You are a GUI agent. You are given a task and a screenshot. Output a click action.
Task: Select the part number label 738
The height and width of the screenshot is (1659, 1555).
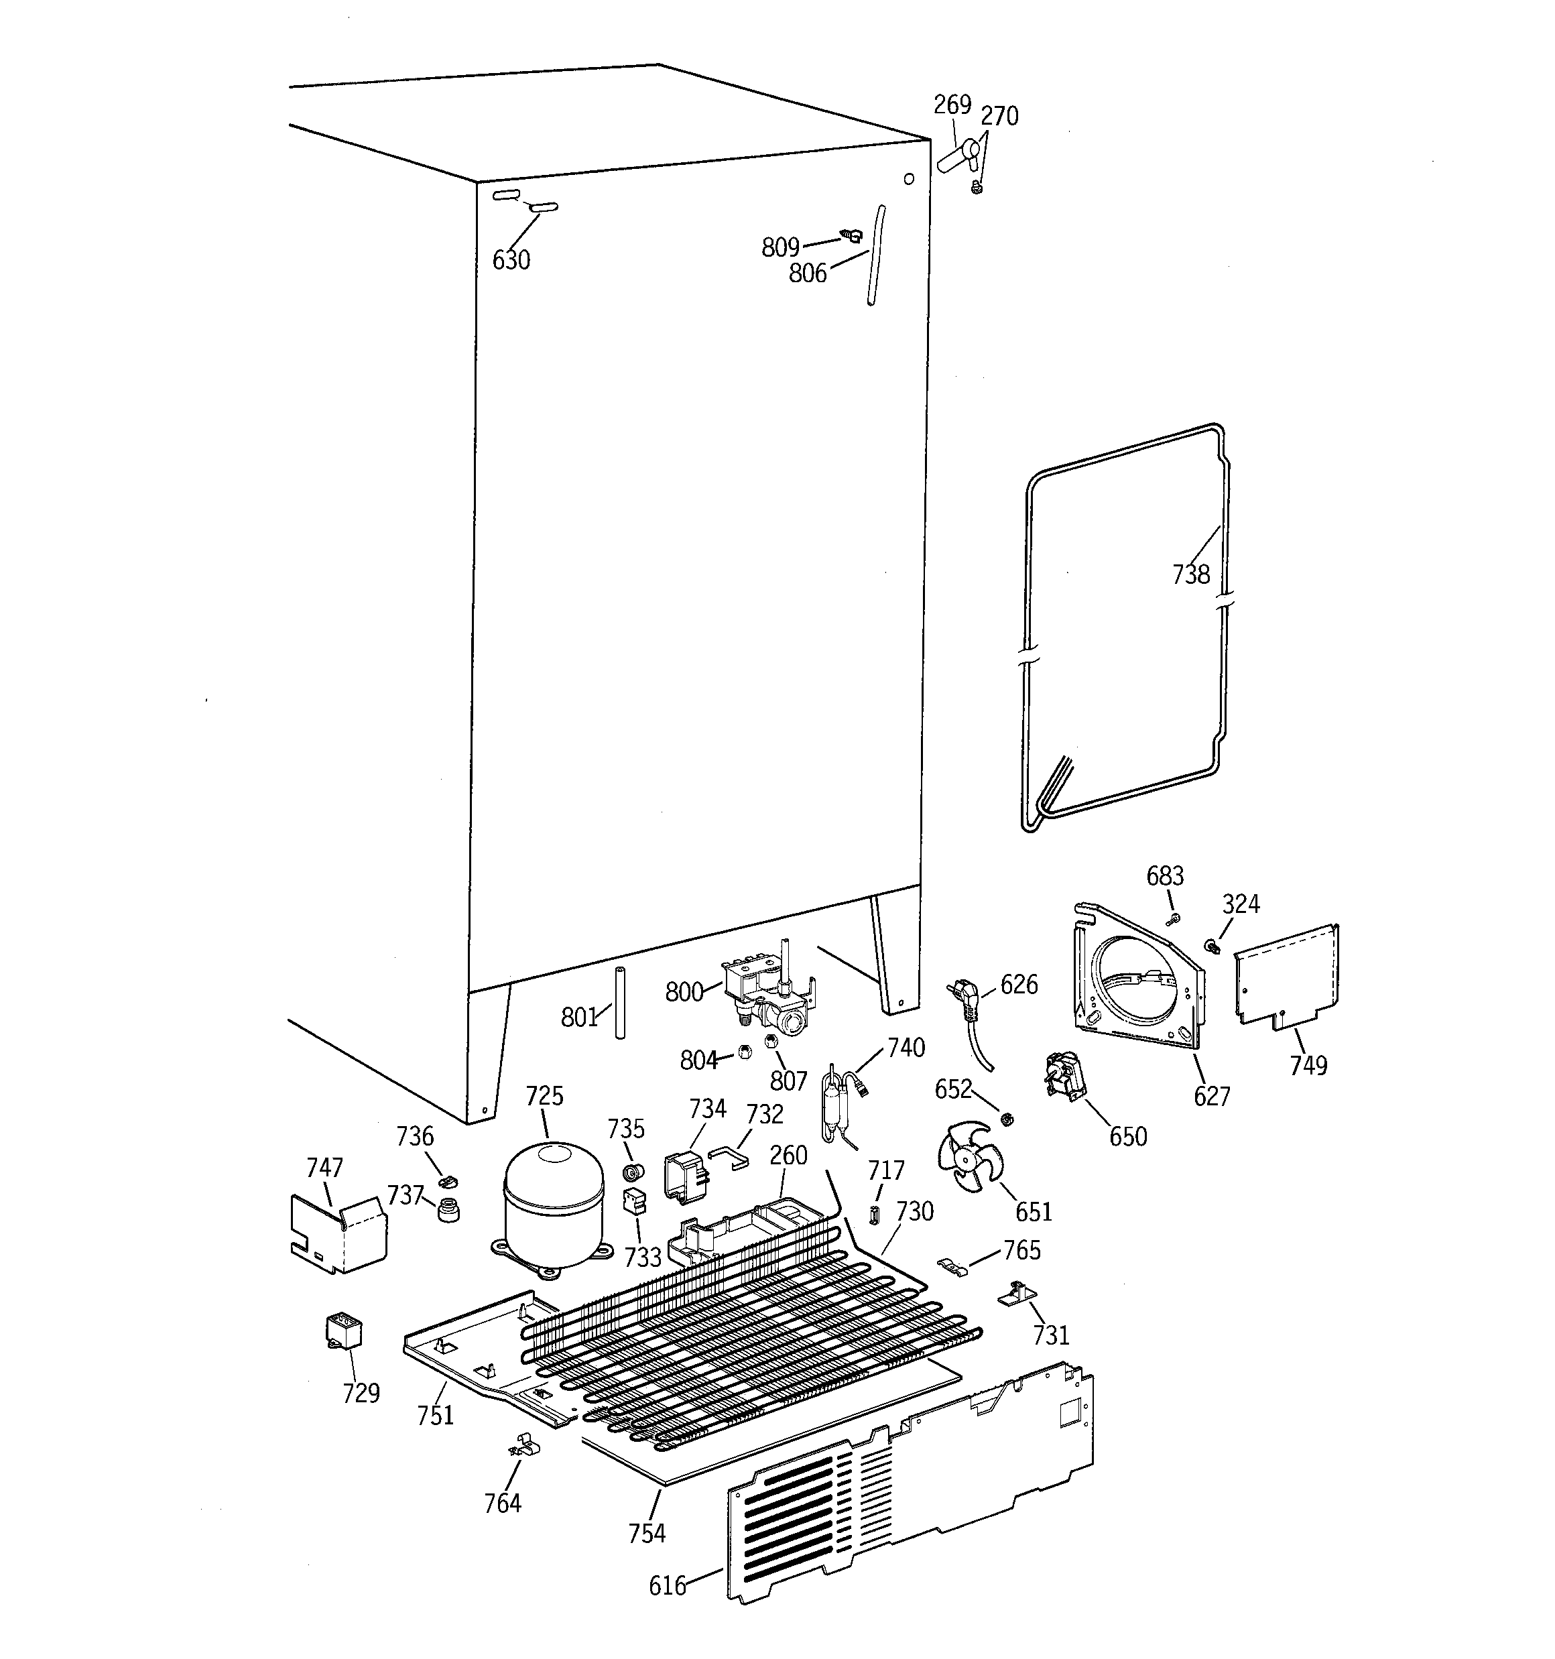coord(1190,574)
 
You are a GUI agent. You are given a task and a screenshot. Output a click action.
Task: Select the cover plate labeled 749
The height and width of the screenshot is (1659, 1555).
coord(1286,977)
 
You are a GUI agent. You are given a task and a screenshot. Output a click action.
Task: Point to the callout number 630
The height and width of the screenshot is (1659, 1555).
coord(511,260)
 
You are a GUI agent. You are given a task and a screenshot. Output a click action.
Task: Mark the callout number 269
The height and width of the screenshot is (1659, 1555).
coord(952,105)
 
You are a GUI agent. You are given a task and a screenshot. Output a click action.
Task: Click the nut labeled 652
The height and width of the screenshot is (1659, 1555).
coord(1006,1118)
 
